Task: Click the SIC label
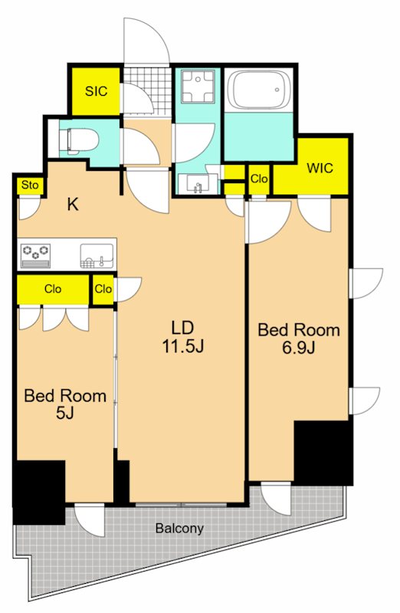point(96,91)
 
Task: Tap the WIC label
point(320,168)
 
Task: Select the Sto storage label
point(30,185)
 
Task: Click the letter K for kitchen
point(73,204)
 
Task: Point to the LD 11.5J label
point(183,336)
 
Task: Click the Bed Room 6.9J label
point(299,338)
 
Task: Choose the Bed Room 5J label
point(65,404)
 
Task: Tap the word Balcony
point(179,529)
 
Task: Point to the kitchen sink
point(97,256)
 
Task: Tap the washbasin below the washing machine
point(198,183)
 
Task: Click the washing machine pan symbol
point(198,87)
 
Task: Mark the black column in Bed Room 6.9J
point(323,453)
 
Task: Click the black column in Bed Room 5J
point(39,492)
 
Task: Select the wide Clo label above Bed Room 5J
point(53,289)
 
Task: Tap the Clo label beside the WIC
point(259,179)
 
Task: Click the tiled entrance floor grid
point(148,91)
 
